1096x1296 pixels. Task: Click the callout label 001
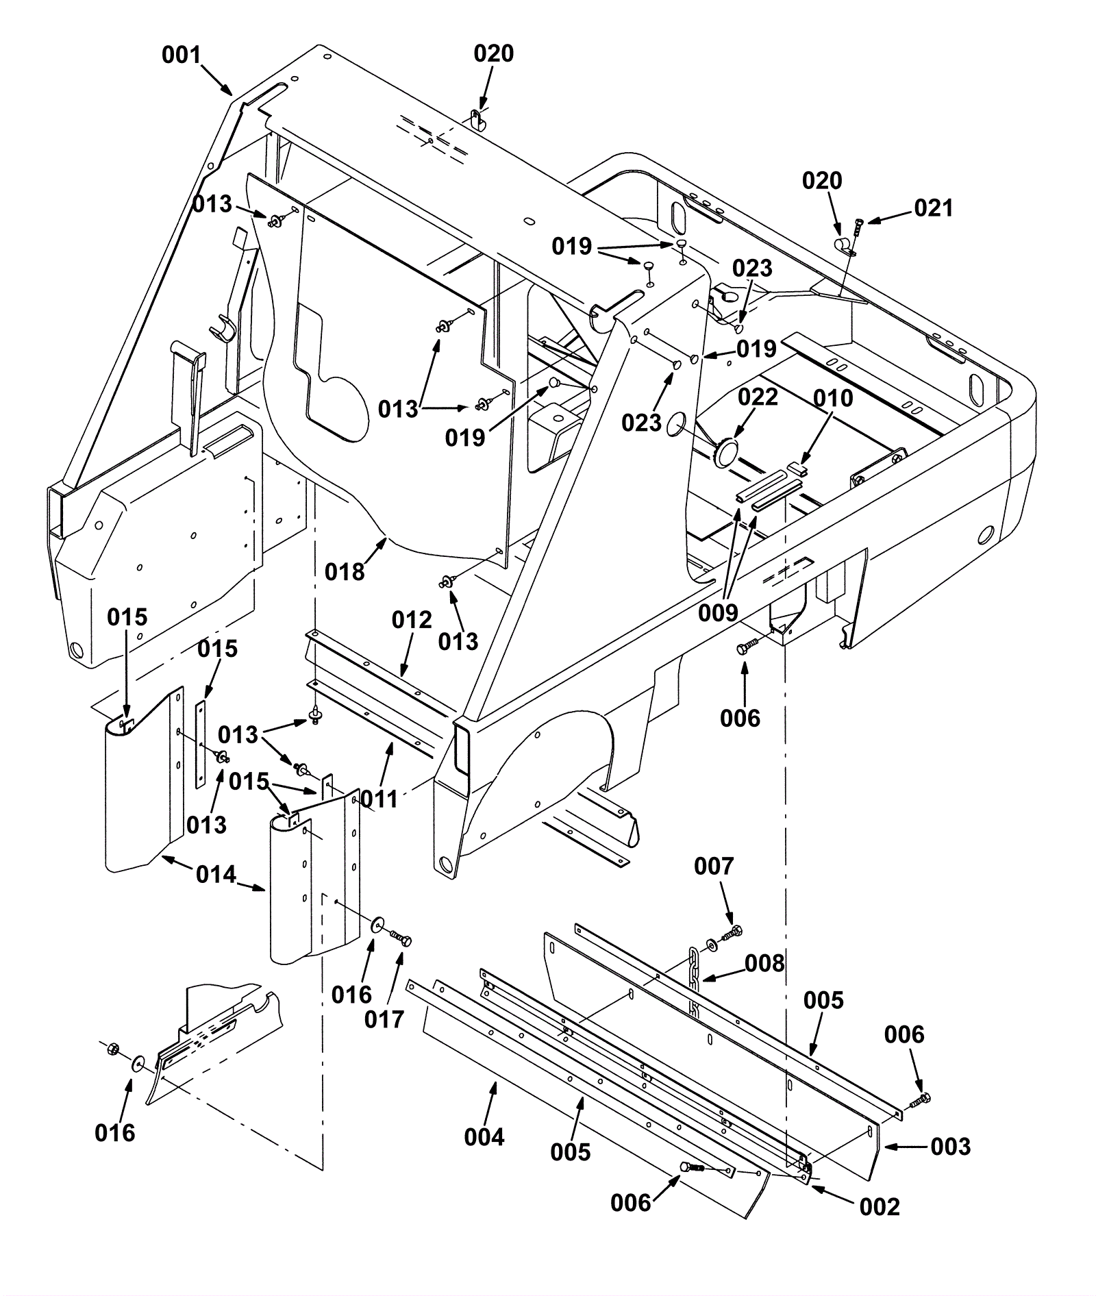pos(181,55)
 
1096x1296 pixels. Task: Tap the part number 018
pos(345,571)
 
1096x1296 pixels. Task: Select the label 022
pos(758,397)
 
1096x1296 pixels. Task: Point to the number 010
pos(833,398)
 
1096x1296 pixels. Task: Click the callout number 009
pos(718,612)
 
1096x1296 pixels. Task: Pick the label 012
pos(412,620)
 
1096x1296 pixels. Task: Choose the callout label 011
pos(379,799)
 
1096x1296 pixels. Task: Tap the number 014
pos(216,875)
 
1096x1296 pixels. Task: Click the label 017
pos(384,1019)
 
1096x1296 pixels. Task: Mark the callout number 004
pos(484,1137)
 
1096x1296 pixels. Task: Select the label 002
pos(880,1206)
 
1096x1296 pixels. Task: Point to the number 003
pos(951,1146)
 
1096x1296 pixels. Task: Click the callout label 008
pos(764,963)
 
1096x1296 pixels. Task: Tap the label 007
pos(714,867)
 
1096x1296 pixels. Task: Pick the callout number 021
pos(934,208)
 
